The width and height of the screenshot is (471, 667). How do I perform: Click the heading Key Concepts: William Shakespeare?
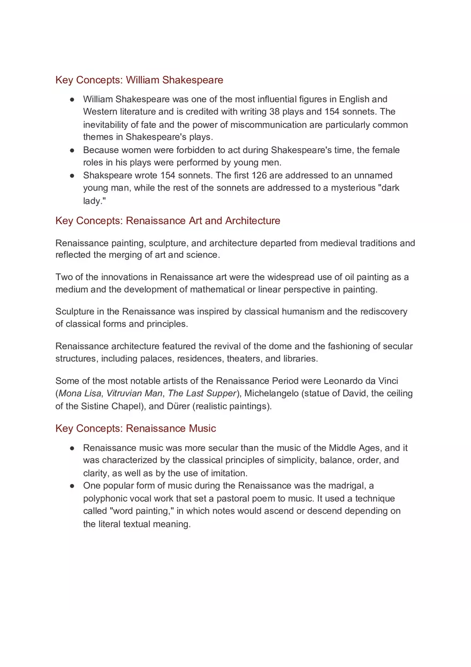(x=139, y=80)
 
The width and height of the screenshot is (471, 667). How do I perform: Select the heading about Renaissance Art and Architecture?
(x=168, y=221)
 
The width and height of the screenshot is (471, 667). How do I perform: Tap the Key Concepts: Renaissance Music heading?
(x=135, y=428)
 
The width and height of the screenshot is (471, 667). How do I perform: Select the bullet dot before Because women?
(x=72, y=150)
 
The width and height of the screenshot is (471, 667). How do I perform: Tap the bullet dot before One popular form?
(x=72, y=486)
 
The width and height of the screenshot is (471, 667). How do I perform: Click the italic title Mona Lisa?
(x=80, y=394)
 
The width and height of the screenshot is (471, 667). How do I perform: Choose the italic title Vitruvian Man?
(x=134, y=394)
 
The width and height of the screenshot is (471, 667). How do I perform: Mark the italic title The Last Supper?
(x=202, y=394)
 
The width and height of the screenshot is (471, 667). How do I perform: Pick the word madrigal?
(x=351, y=486)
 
